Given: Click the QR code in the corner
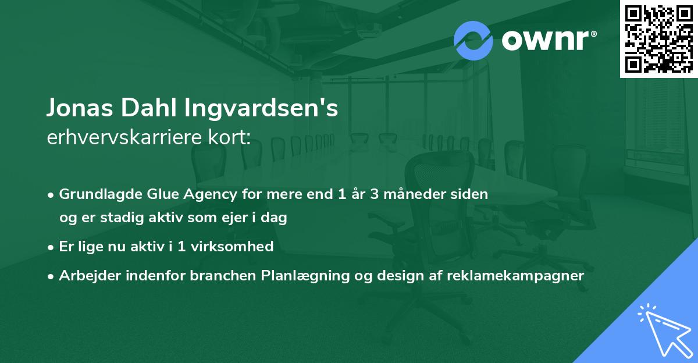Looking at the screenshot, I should [x=659, y=38].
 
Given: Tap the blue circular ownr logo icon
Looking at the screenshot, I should [x=473, y=40].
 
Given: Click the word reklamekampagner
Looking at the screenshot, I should [x=515, y=276].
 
